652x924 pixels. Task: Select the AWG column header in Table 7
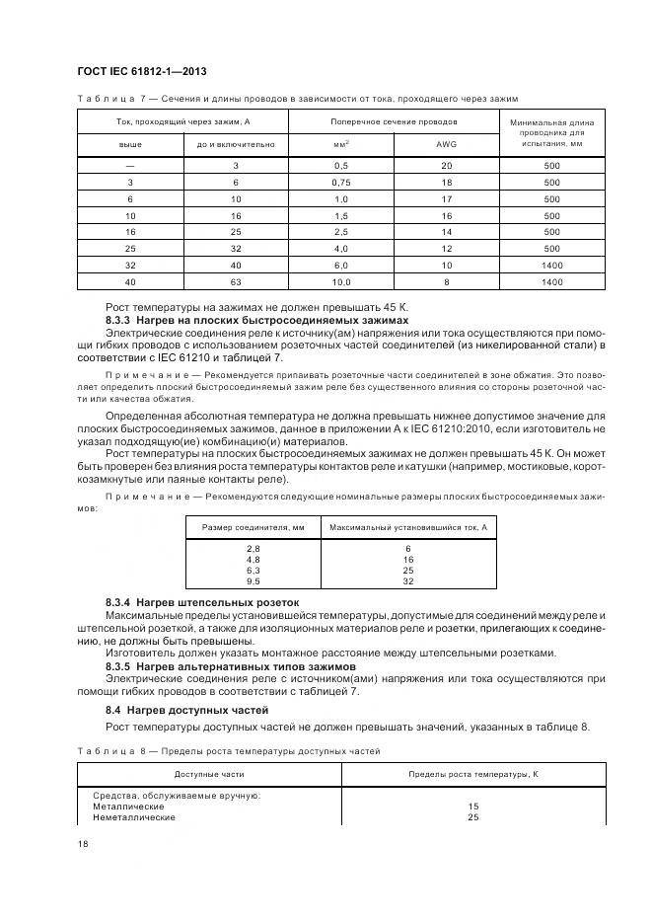pos(446,144)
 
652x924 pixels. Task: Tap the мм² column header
pos(341,144)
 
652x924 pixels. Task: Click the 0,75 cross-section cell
pos(341,183)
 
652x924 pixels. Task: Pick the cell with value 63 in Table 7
pos(235,282)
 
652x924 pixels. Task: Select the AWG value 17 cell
pos(446,199)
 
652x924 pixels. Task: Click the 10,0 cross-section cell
pos(341,282)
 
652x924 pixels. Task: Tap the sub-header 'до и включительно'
pos(235,144)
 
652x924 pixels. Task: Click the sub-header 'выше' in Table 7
pos(130,144)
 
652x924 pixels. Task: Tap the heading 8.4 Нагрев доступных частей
pos(181,710)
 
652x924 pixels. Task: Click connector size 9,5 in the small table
pos(253,581)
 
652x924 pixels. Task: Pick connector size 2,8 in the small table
pos(253,548)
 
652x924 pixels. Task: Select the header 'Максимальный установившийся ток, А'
pos(407,527)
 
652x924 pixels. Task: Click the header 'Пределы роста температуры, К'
pos(472,773)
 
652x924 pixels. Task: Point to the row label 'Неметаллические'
pos(134,817)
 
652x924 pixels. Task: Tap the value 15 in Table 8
pos(472,807)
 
